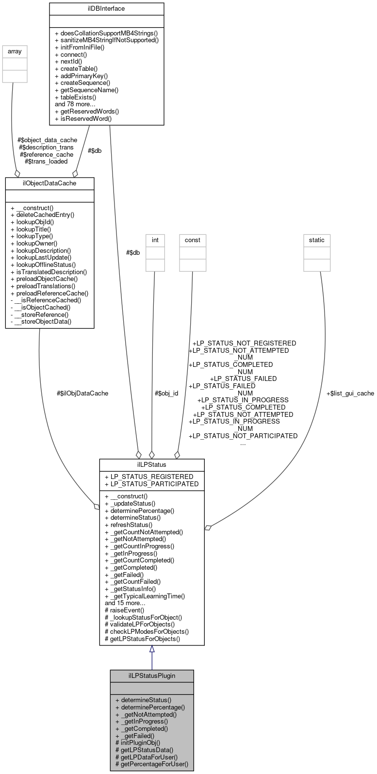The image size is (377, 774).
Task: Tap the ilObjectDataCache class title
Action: click(49, 183)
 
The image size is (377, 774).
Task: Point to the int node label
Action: click(155, 239)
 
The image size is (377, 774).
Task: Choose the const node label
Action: click(192, 239)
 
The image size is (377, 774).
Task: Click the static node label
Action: click(317, 239)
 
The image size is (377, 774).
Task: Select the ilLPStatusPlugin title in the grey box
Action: click(152, 675)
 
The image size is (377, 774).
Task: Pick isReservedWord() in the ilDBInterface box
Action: click(86, 118)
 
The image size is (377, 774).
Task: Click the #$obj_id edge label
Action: click(166, 393)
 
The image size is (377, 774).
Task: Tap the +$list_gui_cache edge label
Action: click(350, 393)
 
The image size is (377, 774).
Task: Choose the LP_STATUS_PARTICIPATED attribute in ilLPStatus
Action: click(151, 484)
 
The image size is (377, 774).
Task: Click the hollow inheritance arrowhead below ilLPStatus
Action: click(152, 649)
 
